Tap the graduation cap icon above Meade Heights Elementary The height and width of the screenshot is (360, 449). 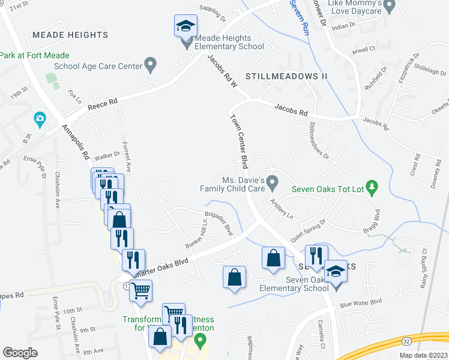tap(185, 26)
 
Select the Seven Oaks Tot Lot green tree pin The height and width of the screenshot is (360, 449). tap(372, 189)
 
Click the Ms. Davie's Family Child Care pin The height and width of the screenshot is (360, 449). tap(273, 181)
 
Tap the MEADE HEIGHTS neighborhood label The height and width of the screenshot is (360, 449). tap(70, 35)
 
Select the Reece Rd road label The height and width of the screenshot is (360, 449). tap(103, 104)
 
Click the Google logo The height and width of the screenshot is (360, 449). tap(20, 353)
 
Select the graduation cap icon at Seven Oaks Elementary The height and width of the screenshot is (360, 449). tap(336, 272)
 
